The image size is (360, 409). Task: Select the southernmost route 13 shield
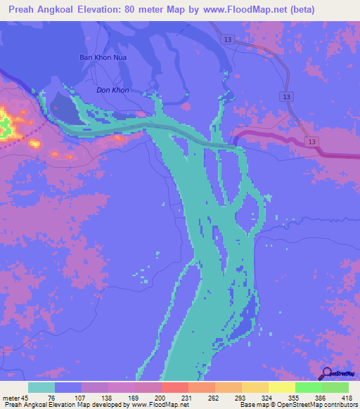312,141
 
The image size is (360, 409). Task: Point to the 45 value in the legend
27,398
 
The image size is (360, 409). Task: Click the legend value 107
82,398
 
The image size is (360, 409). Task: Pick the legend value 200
161,398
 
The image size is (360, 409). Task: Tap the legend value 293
241,398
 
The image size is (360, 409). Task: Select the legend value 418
347,398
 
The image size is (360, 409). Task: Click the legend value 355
294,398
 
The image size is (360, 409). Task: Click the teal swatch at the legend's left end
41,387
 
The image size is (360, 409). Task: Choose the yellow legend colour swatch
281,387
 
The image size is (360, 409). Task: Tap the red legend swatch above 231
174,387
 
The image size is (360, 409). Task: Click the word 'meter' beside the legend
11,398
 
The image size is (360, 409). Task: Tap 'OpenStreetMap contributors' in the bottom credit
314,405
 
